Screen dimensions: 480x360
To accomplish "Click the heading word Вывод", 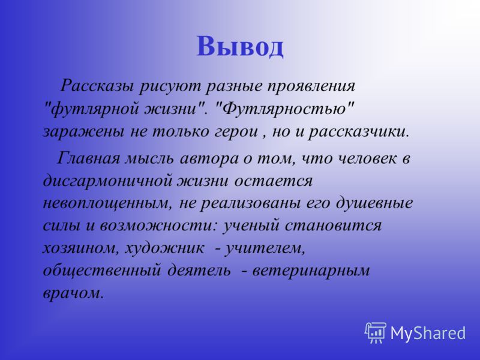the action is [x=239, y=46].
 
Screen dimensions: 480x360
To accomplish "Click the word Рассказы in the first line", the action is [x=97, y=86].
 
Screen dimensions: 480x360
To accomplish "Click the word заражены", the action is [x=83, y=132].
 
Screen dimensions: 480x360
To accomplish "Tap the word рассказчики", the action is [x=358, y=132].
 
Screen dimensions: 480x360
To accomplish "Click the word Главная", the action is [x=88, y=158].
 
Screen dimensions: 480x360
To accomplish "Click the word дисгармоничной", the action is [x=107, y=181].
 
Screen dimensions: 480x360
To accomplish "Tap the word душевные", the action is [x=374, y=204].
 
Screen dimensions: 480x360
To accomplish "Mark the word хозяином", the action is [x=80, y=248].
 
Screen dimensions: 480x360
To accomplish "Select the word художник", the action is [x=164, y=248].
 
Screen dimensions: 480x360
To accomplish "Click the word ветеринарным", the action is [x=311, y=271].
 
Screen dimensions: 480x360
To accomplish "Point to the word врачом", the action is [x=72, y=293].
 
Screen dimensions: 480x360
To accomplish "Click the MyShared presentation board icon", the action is [x=376, y=332].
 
